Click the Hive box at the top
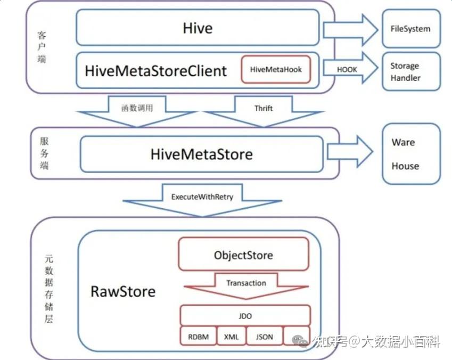tap(198, 28)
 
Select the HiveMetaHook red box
tap(276, 69)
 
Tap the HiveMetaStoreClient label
tap(156, 70)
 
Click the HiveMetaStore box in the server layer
tap(201, 154)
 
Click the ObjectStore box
tap(243, 255)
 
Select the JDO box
tap(245, 316)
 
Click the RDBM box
tap(198, 337)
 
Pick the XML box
tap(231, 337)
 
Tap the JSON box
tap(264, 337)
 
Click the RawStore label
tap(123, 291)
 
